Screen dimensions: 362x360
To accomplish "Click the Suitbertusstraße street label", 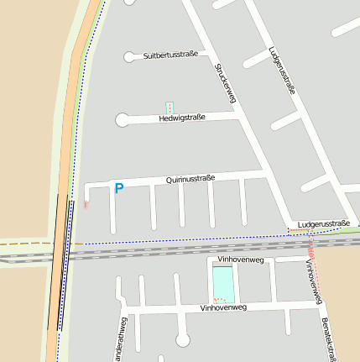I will (170, 55).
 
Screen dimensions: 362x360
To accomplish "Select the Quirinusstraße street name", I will (190, 178).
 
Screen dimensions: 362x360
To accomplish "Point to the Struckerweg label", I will (223, 83).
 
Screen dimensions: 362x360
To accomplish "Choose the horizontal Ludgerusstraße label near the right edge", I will (318, 224).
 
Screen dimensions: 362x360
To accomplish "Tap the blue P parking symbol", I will (118, 189).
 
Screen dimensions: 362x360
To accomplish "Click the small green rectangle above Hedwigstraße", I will (170, 108).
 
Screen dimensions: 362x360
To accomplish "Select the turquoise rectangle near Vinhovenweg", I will (223, 280).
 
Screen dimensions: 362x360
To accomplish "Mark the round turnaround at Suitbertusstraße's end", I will (129, 57).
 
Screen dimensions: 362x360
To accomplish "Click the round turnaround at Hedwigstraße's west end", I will (123, 121).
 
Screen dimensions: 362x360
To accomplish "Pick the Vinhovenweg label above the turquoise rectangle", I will (241, 260).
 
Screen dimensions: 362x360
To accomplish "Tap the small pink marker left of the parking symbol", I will (86, 203).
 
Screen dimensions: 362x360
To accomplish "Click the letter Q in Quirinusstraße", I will (169, 180).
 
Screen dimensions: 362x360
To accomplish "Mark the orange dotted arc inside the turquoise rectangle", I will (220, 300).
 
